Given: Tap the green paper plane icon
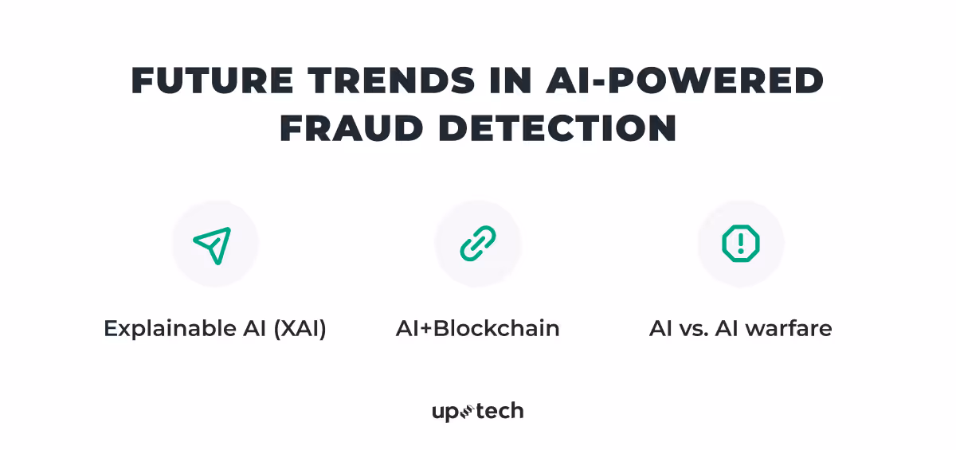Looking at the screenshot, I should point(213,245).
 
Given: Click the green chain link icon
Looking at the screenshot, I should point(478,244).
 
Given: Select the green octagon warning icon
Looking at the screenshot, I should point(741,244).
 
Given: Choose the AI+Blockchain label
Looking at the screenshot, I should point(478,329).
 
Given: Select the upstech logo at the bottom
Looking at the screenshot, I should point(478,412).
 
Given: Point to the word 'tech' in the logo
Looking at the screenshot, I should point(500,412).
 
